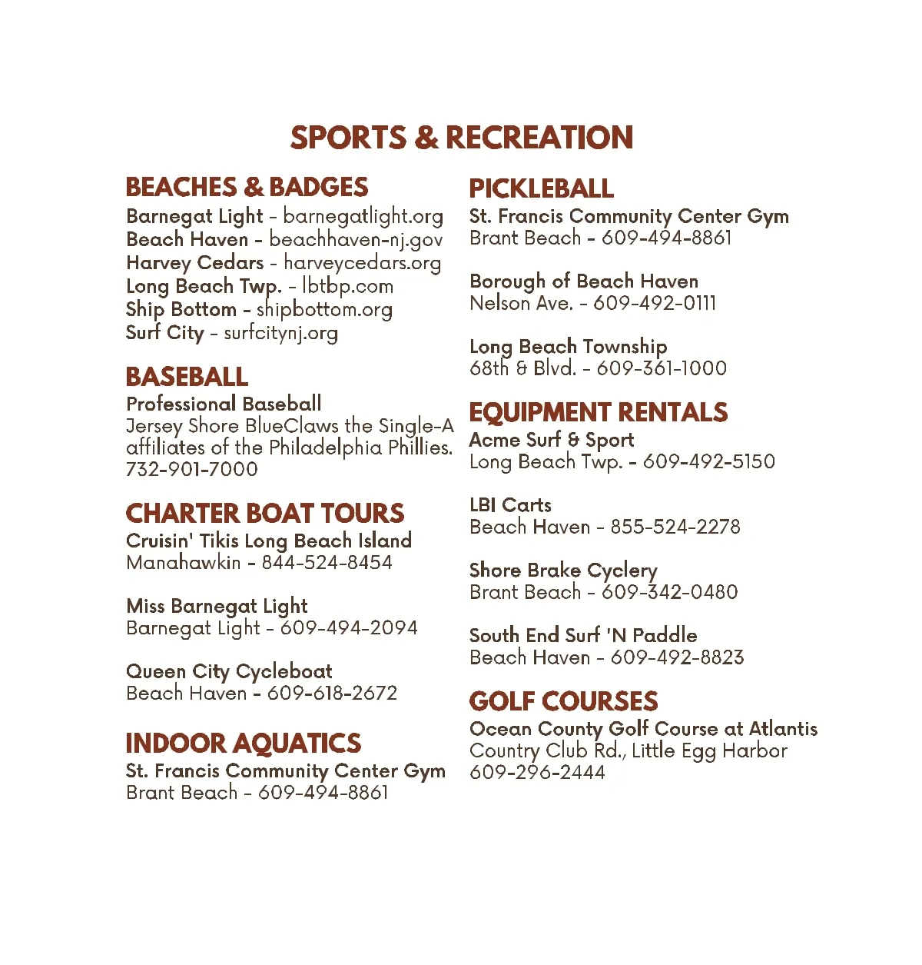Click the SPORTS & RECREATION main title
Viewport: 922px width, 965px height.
(x=461, y=138)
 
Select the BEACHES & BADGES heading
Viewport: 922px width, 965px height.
(x=247, y=187)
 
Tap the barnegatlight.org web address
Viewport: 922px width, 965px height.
(x=363, y=216)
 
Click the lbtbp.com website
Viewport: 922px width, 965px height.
(x=347, y=286)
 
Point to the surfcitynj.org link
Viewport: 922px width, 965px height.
(x=280, y=333)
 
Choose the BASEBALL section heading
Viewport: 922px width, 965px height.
(x=187, y=377)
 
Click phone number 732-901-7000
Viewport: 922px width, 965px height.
(x=192, y=469)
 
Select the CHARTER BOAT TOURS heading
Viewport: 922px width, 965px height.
(x=265, y=513)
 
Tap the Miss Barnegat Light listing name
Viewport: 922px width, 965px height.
(x=217, y=606)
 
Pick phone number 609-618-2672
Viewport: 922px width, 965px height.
(x=332, y=693)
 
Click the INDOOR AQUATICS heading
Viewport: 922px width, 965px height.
(x=243, y=743)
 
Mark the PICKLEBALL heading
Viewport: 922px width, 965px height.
(x=541, y=188)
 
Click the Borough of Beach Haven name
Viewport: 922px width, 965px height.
(x=584, y=281)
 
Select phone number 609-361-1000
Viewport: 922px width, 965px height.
(x=662, y=368)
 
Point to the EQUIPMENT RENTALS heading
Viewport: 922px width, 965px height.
(x=598, y=412)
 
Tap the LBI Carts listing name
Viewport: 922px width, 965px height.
(x=510, y=505)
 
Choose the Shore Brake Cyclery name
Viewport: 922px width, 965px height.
(x=563, y=571)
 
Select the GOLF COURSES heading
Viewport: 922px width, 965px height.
(x=563, y=701)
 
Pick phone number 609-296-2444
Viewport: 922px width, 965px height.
(x=537, y=772)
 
